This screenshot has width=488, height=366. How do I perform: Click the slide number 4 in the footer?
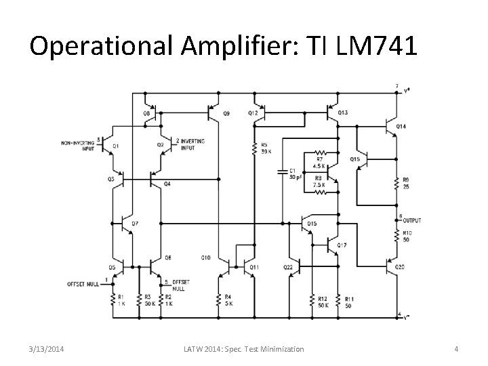(456, 349)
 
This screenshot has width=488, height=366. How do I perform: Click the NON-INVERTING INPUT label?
(78, 145)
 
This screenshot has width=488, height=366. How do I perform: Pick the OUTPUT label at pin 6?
(411, 220)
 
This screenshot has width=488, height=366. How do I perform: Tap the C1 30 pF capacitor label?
(294, 174)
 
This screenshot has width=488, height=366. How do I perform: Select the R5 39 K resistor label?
(264, 148)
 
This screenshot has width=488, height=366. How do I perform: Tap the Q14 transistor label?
(401, 127)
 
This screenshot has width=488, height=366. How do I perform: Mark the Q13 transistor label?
(342, 113)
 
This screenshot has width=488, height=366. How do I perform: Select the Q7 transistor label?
(135, 223)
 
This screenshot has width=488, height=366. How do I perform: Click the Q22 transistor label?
(288, 267)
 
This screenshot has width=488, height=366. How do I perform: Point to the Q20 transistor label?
(400, 267)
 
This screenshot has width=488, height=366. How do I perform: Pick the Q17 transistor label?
(342, 245)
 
